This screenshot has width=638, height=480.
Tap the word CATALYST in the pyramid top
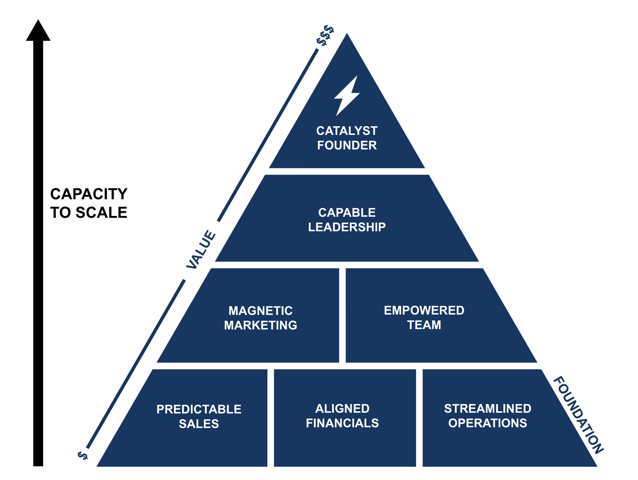(x=347, y=131)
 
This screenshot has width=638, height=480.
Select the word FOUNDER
(x=347, y=145)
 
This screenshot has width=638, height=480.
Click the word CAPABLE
(x=347, y=212)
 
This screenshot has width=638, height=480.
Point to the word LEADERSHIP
(x=347, y=227)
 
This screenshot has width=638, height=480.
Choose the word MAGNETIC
(x=261, y=311)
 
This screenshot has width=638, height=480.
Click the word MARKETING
(x=261, y=325)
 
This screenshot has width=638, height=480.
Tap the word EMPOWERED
(x=424, y=310)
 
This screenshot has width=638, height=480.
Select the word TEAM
(x=424, y=325)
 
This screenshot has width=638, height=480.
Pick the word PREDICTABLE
(x=199, y=409)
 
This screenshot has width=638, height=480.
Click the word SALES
(x=199, y=424)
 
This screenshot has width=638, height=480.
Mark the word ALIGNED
(x=342, y=408)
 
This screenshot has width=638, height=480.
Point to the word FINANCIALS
(x=342, y=423)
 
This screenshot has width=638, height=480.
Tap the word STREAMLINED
(x=488, y=408)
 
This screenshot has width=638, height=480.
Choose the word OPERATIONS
(x=488, y=423)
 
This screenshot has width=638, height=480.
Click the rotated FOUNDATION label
(x=578, y=415)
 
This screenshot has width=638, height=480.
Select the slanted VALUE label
(x=201, y=249)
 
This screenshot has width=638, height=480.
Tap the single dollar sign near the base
(x=83, y=455)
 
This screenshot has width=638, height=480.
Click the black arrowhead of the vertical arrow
(x=38, y=31)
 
